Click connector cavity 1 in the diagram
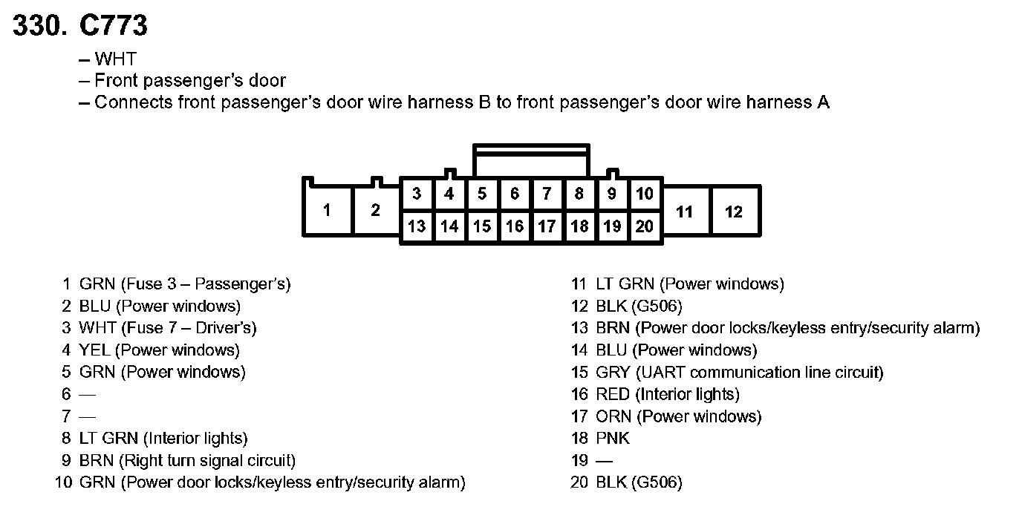(327, 211)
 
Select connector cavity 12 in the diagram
(734, 212)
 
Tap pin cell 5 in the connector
(482, 194)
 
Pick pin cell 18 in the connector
(579, 226)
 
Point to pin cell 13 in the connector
(417, 226)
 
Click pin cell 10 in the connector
(644, 194)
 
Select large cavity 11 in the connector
(685, 212)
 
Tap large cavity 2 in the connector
(376, 211)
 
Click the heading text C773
(114, 26)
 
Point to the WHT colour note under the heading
(115, 59)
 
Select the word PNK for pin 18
(613, 439)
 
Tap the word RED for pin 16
(612, 394)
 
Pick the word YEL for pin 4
(95, 350)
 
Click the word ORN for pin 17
(613, 416)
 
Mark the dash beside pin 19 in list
(604, 461)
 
